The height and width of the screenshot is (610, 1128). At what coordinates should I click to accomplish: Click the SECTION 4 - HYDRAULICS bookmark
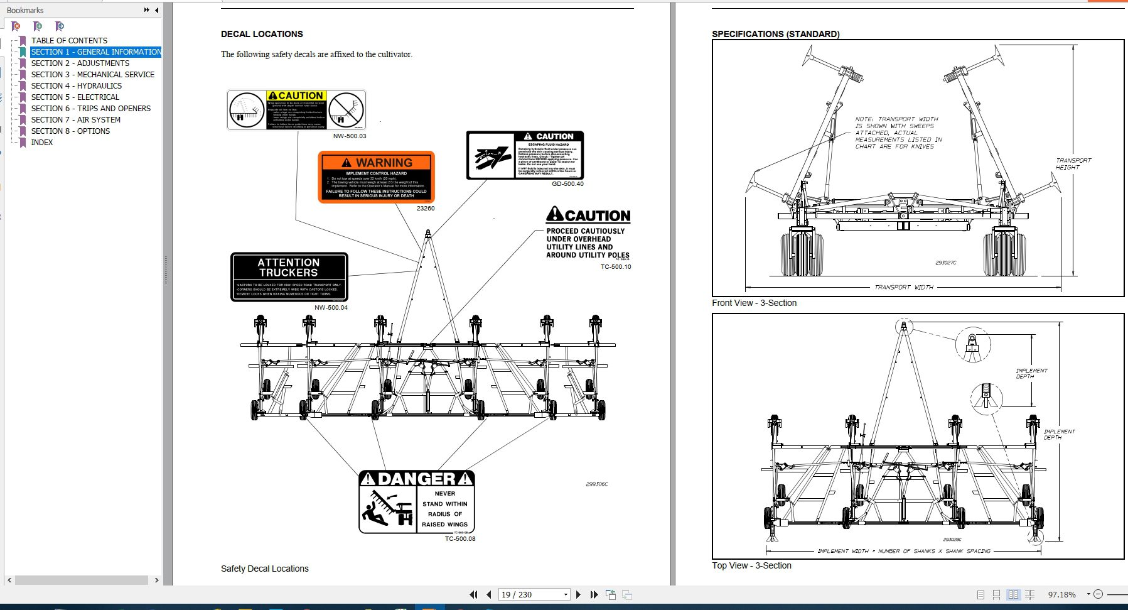pyautogui.click(x=76, y=86)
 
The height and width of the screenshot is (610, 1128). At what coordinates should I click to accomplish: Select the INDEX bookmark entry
pyautogui.click(x=42, y=143)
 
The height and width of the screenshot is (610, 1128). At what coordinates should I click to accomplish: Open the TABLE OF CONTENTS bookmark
pyautogui.click(x=69, y=41)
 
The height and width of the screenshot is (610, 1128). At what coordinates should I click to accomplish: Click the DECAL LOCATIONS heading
pyautogui.click(x=262, y=35)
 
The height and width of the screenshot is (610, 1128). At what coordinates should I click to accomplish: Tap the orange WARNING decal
pyautogui.click(x=377, y=177)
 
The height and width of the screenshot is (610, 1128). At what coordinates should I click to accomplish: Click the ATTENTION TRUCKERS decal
pyautogui.click(x=289, y=277)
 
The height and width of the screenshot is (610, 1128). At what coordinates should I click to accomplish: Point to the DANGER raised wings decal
pyautogui.click(x=417, y=502)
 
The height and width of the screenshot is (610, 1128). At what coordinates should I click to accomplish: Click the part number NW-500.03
pyautogui.click(x=349, y=136)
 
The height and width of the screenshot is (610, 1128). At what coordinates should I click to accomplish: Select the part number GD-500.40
pyautogui.click(x=567, y=184)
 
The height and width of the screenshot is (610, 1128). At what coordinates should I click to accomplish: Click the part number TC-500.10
pyautogui.click(x=615, y=267)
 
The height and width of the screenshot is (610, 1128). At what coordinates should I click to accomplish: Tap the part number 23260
pyautogui.click(x=425, y=209)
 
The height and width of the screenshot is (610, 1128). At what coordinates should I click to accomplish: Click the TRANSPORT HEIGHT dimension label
pyautogui.click(x=1073, y=164)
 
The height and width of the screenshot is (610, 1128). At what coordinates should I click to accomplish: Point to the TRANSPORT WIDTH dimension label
pyautogui.click(x=903, y=287)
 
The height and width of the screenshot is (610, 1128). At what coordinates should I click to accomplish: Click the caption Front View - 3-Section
pyautogui.click(x=754, y=303)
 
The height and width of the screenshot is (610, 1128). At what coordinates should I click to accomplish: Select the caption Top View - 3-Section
pyautogui.click(x=751, y=565)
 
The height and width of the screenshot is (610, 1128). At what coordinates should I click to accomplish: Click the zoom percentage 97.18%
pyautogui.click(x=1061, y=594)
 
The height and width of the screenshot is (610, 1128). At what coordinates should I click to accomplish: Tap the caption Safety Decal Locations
pyautogui.click(x=264, y=569)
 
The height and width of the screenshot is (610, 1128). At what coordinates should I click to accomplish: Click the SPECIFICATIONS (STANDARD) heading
pyautogui.click(x=775, y=35)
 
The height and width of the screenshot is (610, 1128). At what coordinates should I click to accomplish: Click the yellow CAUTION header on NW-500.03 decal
pyautogui.click(x=296, y=95)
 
